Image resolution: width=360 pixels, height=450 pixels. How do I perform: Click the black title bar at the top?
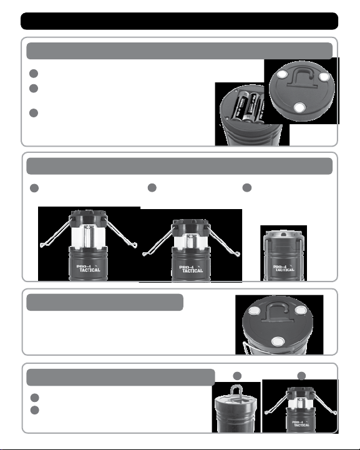179,21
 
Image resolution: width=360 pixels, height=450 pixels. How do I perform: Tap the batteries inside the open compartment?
248,106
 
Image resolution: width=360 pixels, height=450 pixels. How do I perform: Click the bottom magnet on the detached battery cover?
299,107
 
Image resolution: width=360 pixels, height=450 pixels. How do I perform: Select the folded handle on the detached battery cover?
301,77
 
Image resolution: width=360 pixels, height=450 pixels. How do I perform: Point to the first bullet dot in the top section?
34,74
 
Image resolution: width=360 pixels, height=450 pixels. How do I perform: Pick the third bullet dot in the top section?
34,113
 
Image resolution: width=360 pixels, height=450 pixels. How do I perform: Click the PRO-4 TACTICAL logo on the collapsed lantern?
283,268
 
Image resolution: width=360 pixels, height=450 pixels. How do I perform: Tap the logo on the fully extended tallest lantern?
89,268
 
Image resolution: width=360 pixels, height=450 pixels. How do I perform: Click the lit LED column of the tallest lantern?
89,236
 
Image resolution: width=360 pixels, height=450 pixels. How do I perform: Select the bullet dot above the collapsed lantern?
246,188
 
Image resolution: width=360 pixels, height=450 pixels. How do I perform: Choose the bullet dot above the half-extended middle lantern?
152,188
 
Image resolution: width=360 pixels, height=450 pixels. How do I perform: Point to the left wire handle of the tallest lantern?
55,234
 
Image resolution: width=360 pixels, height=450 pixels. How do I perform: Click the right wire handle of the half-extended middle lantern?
225,241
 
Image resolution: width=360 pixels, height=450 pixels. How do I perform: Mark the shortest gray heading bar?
105,302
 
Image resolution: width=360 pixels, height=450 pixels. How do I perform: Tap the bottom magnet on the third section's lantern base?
278,341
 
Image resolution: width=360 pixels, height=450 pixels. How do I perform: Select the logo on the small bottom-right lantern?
301,424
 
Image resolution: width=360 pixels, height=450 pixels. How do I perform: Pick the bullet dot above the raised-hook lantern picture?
237,376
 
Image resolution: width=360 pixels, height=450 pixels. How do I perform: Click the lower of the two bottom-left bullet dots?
34,410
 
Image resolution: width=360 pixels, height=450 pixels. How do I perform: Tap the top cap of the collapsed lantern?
283,235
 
